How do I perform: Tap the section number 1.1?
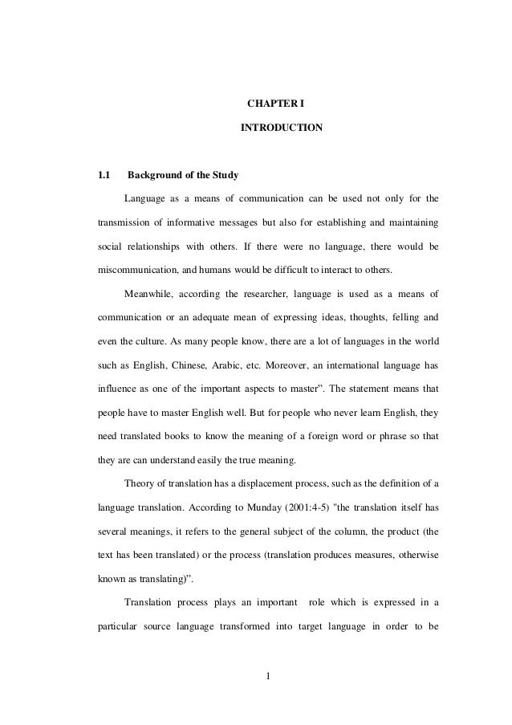click(104, 174)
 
